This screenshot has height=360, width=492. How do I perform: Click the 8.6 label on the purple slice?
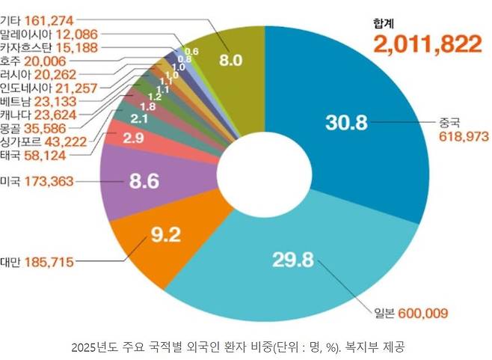(144, 180)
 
